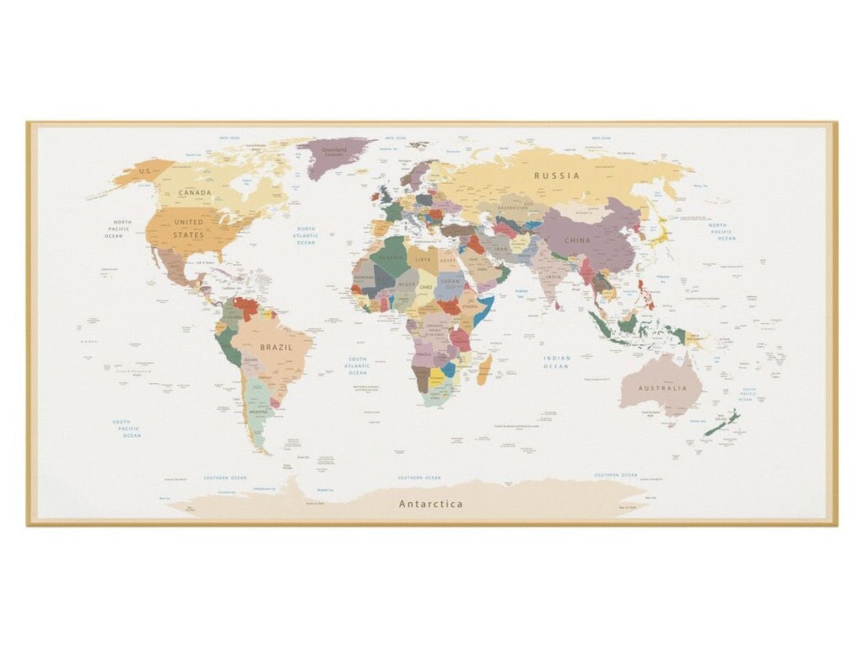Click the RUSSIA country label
pyautogui.click(x=556, y=175)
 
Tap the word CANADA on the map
pyautogui.click(x=195, y=193)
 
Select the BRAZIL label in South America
pyautogui.click(x=276, y=347)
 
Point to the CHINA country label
pyautogui.click(x=578, y=240)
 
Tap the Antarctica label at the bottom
pyautogui.click(x=430, y=504)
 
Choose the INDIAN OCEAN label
pyautogui.click(x=557, y=362)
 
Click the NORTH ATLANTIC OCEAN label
pyautogui.click(x=305, y=235)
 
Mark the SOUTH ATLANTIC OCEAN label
pyautogui.click(x=358, y=365)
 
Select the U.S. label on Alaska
pyautogui.click(x=144, y=171)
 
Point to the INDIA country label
pyautogui.click(x=553, y=277)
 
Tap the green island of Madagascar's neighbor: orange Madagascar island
pyautogui.click(x=484, y=369)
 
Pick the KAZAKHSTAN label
pyautogui.click(x=512, y=207)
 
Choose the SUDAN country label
pyautogui.click(x=451, y=279)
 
